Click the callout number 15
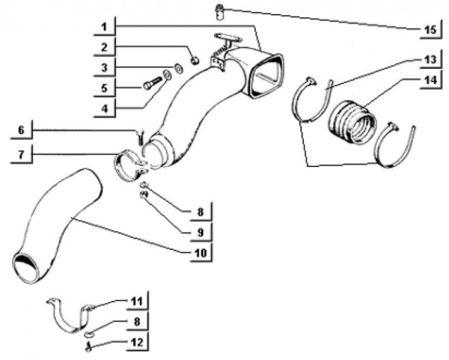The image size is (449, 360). pyautogui.click(x=430, y=29)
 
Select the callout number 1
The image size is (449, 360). pyautogui.click(x=104, y=27)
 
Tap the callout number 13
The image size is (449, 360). pyautogui.click(x=430, y=60)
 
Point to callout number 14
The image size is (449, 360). pyautogui.click(x=430, y=80)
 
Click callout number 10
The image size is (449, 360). pyautogui.click(x=201, y=253)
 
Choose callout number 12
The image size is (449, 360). pyautogui.click(x=137, y=342)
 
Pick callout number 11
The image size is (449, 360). pyautogui.click(x=137, y=302)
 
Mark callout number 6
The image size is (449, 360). pyautogui.click(x=22, y=130)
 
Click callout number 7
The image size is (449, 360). pyautogui.click(x=22, y=155)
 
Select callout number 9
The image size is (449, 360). pyautogui.click(x=201, y=232)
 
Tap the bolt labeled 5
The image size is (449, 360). pyautogui.click(x=150, y=83)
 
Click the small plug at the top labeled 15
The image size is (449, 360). pyautogui.click(x=219, y=12)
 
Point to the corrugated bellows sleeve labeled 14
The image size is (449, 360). pyautogui.click(x=352, y=120)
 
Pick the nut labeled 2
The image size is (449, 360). pyautogui.click(x=195, y=60)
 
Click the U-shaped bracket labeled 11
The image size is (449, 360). pyautogui.click(x=70, y=316)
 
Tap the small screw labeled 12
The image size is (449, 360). pyautogui.click(x=88, y=347)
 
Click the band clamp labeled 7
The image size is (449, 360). pyautogui.click(x=129, y=165)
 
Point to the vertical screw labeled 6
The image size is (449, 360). pyautogui.click(x=140, y=138)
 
